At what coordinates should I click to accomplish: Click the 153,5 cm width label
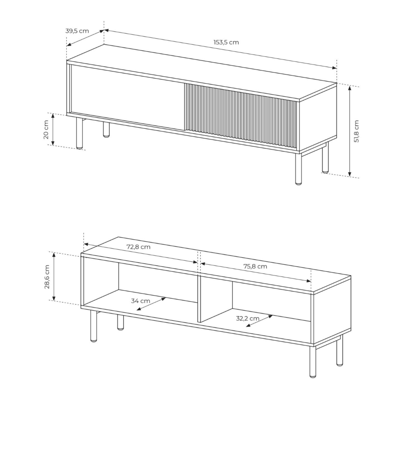click(x=226, y=42)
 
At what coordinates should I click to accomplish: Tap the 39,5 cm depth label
click(x=77, y=31)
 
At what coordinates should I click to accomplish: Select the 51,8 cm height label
click(x=356, y=131)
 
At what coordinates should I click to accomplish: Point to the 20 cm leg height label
click(x=46, y=129)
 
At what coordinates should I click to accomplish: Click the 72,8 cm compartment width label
click(x=138, y=247)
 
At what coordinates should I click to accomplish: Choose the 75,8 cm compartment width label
click(x=255, y=266)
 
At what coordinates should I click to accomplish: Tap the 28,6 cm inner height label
click(x=47, y=277)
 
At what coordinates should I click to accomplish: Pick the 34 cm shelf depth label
click(x=140, y=301)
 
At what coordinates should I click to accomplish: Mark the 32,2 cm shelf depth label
click(x=247, y=318)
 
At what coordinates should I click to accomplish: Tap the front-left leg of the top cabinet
click(x=79, y=133)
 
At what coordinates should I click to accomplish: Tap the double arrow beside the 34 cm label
click(x=151, y=304)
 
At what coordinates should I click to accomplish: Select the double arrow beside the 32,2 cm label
click(x=260, y=321)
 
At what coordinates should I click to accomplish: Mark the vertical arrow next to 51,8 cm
click(x=350, y=131)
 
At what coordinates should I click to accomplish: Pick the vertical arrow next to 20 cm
click(x=53, y=129)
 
